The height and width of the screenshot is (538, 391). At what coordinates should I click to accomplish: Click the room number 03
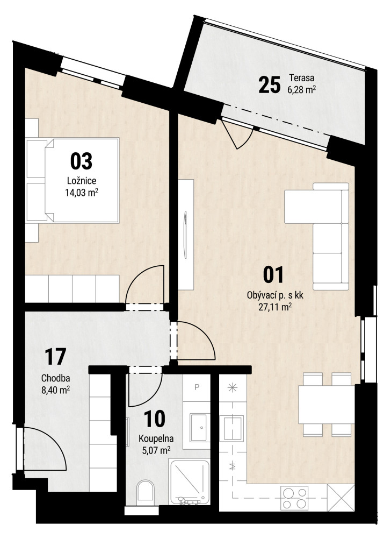tap(81, 161)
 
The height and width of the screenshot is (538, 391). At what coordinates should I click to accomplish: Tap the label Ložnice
tap(82, 181)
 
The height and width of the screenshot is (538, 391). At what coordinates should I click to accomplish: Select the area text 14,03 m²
tap(82, 193)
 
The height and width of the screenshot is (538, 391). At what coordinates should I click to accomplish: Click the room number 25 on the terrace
tap(270, 85)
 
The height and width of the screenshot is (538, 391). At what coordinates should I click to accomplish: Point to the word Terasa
tap(302, 77)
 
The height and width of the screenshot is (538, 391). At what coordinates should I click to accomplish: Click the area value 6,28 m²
tap(301, 89)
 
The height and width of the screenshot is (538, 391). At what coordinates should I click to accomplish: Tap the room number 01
tap(273, 275)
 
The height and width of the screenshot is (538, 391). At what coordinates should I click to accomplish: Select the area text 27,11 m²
tap(275, 307)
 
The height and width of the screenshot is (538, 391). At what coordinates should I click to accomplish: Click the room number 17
tap(55, 357)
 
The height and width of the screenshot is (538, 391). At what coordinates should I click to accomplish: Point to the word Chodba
tap(55, 378)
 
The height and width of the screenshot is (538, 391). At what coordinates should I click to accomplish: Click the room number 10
tap(155, 418)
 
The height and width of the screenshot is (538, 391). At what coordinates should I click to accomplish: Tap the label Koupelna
tap(156, 438)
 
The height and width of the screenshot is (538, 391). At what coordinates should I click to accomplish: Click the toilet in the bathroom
tap(146, 491)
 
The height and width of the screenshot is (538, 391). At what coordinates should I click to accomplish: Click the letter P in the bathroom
tap(197, 387)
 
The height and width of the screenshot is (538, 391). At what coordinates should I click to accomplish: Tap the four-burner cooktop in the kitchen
tap(294, 498)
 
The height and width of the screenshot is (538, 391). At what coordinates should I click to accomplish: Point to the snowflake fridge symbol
tap(233, 388)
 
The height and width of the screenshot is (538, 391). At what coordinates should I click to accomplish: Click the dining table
tap(327, 405)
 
